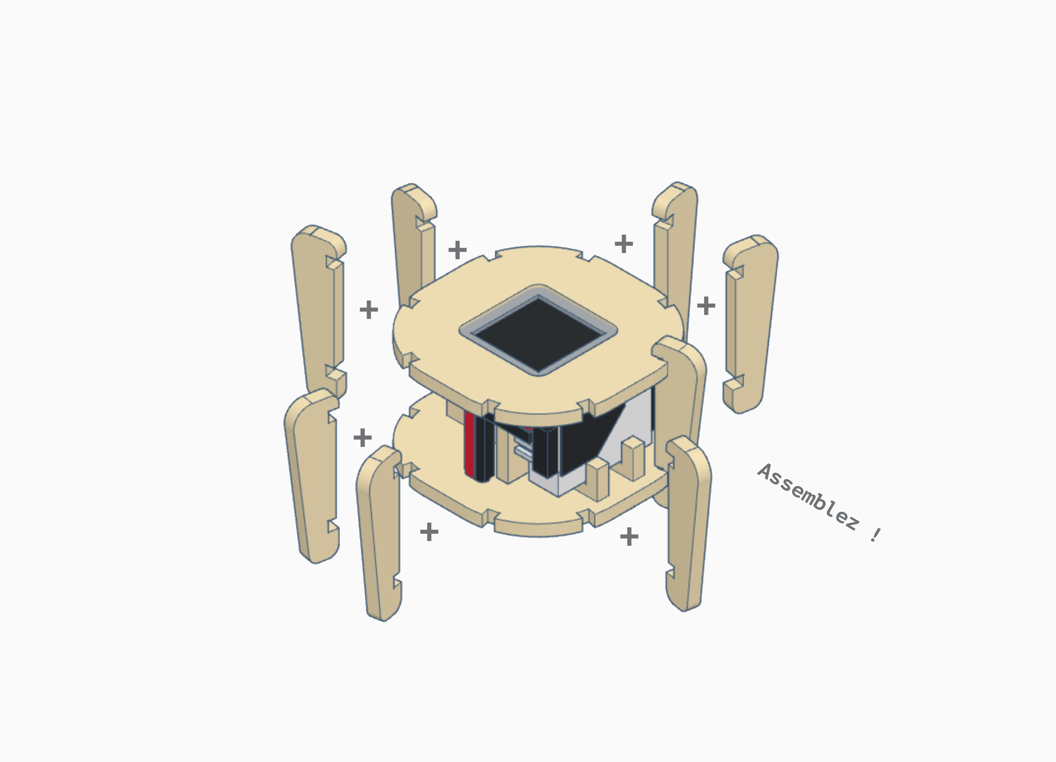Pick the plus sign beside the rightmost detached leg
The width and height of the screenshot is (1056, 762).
point(706,305)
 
